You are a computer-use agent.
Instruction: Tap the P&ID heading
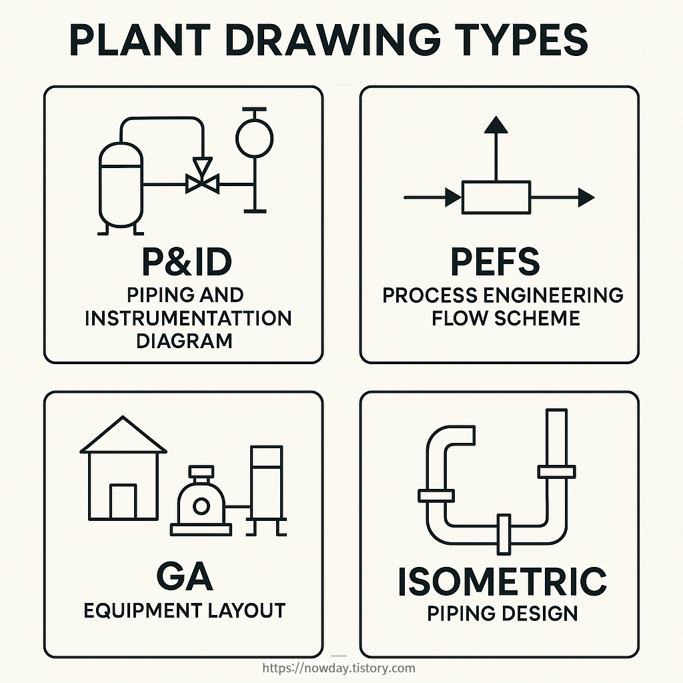point(187,262)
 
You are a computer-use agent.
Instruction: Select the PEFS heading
point(495,262)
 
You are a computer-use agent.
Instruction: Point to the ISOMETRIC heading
point(502,582)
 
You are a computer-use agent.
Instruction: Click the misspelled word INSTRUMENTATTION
point(188,317)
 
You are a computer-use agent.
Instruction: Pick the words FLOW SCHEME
point(506,317)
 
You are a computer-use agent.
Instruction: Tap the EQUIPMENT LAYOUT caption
point(184,610)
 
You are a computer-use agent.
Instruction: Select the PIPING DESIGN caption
point(502,612)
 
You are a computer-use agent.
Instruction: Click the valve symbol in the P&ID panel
point(201,182)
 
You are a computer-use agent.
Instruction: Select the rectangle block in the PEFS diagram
point(496,197)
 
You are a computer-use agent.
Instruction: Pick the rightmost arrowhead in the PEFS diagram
point(586,197)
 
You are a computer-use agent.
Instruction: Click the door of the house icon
point(123,502)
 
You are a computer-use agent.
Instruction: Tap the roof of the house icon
point(123,436)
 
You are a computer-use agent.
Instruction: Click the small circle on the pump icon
point(200,506)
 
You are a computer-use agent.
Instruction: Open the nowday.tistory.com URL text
point(339,668)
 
